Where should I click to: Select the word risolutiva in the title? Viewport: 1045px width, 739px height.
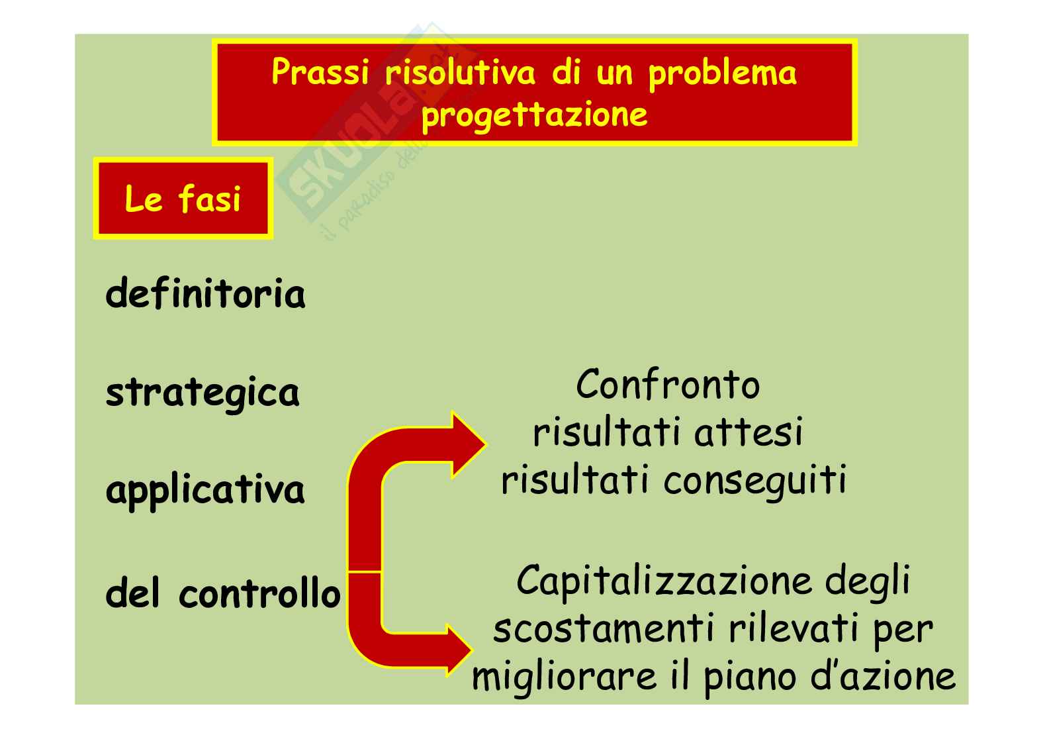click(460, 72)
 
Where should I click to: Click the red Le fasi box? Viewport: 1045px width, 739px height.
click(183, 199)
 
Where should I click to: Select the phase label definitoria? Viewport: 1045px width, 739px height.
click(205, 293)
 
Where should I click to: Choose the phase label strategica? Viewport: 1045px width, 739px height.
click(203, 393)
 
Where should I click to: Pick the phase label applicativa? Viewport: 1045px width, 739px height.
click(205, 491)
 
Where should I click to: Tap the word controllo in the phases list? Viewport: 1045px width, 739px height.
click(259, 593)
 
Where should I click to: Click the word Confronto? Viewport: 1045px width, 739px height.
click(668, 385)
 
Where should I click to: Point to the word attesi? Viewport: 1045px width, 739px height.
click(749, 433)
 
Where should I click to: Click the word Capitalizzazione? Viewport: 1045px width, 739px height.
click(666, 581)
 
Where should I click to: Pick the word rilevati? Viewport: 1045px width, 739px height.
click(794, 628)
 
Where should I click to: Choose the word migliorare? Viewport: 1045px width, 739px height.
click(564, 677)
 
